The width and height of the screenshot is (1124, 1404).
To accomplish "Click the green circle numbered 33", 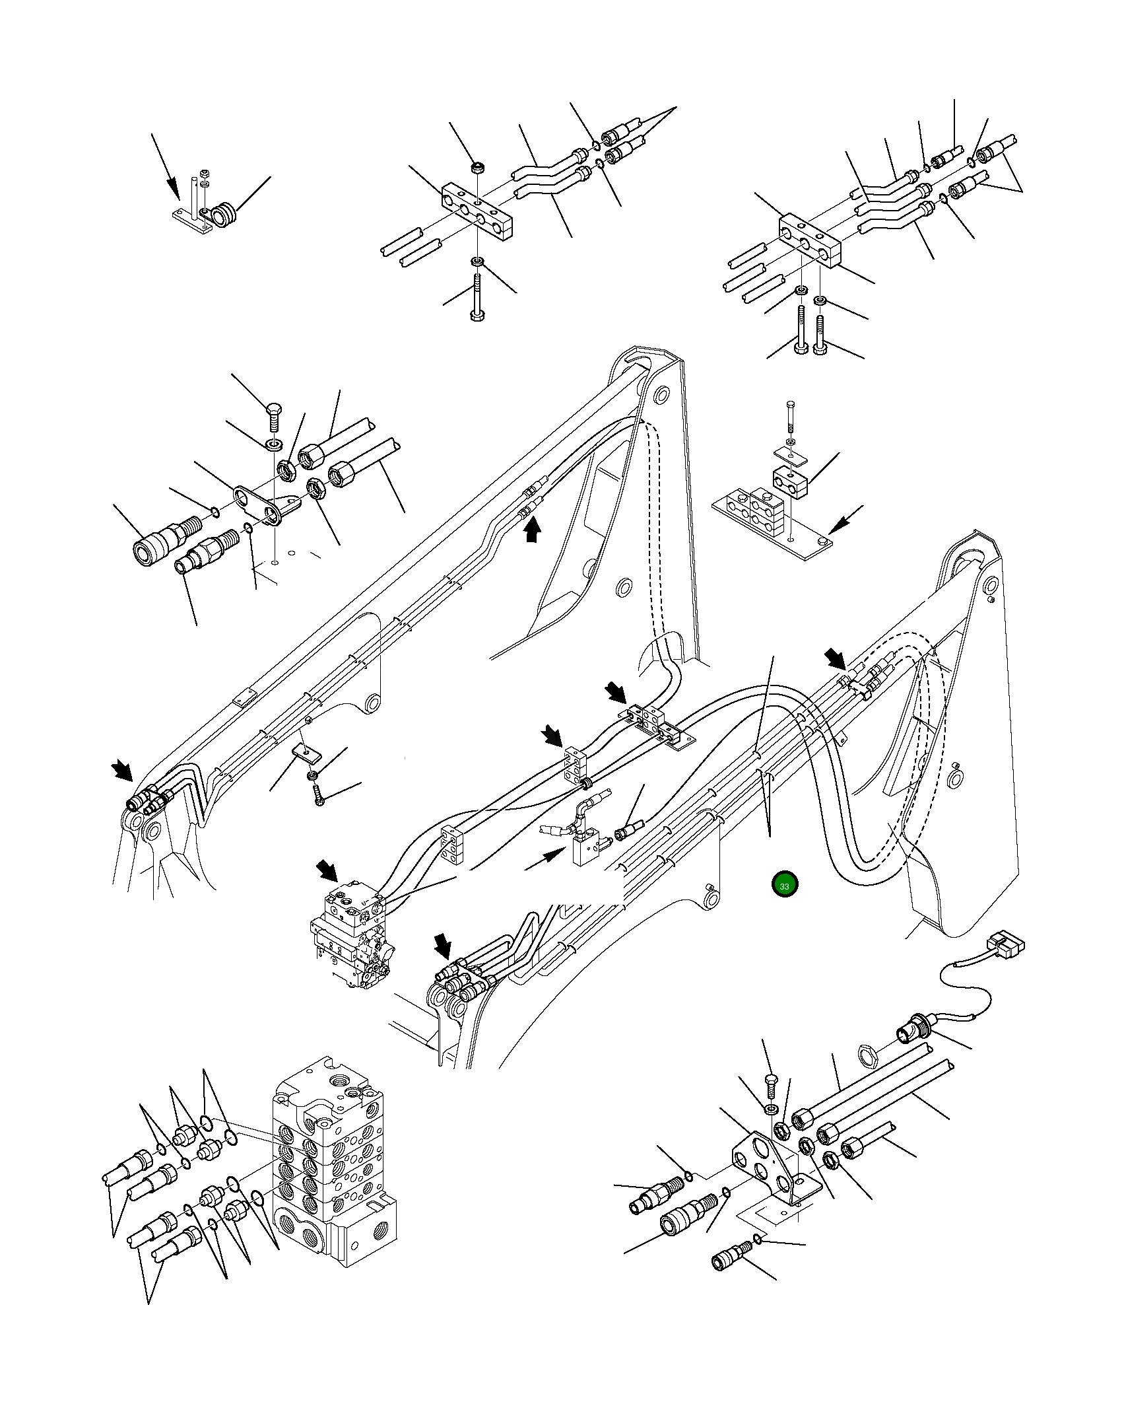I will (x=784, y=886).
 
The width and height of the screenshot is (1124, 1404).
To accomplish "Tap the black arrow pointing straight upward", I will (x=532, y=530).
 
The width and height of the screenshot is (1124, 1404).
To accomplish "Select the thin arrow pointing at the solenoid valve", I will (x=545, y=859).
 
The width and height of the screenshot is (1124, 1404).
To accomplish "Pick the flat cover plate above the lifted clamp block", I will (x=790, y=453).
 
